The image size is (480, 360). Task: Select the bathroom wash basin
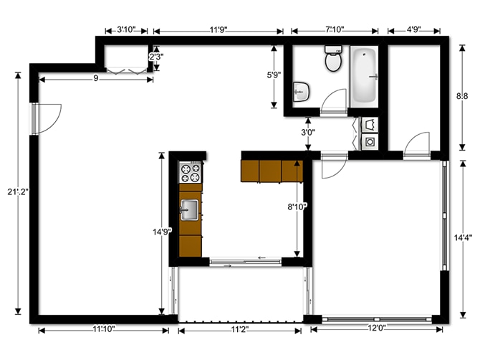[x=302, y=92]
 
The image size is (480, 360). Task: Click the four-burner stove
[x=191, y=172]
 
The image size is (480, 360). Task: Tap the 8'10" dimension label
[x=297, y=207]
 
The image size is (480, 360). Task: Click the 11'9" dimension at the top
[x=219, y=30]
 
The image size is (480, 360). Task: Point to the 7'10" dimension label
[x=335, y=30]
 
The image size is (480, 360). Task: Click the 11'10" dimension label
[x=104, y=330]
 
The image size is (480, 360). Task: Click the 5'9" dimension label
[x=274, y=75]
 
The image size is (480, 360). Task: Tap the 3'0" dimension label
[x=307, y=133]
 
